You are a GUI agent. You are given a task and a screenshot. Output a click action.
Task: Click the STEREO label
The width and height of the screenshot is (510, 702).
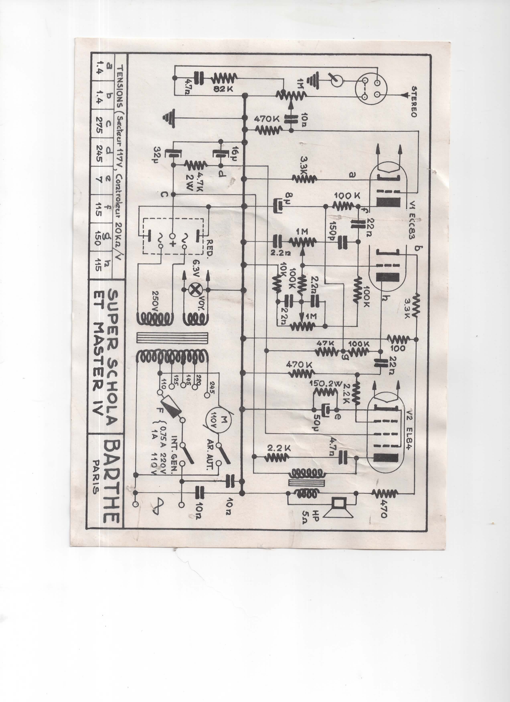(414, 102)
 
